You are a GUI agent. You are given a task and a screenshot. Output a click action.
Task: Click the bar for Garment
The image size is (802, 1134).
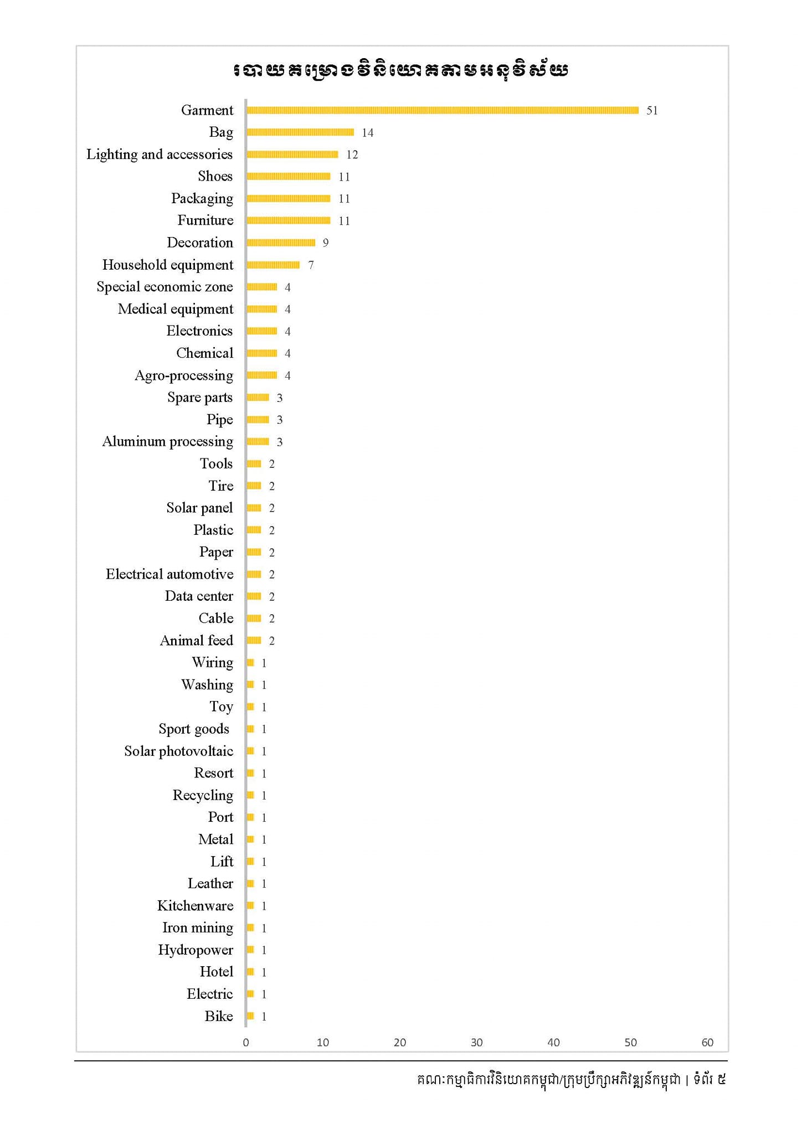442,110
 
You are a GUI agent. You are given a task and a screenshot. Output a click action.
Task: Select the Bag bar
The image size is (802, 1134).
300,132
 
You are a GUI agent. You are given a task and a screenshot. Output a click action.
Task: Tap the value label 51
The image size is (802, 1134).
652,111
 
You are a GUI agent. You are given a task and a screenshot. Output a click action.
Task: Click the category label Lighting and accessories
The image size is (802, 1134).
160,154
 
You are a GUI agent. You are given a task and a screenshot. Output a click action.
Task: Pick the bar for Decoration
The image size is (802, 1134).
281,243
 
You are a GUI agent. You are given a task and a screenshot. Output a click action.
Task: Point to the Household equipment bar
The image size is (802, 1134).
273,265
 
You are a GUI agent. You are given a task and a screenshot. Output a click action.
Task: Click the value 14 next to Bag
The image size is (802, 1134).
368,133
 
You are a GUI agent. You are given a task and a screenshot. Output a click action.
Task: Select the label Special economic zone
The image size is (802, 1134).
164,287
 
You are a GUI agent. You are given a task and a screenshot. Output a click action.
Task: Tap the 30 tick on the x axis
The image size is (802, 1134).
476,1043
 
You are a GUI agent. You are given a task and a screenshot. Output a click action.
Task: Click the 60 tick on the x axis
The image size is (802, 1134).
707,1043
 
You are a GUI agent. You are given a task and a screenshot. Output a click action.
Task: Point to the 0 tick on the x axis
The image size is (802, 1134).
246,1043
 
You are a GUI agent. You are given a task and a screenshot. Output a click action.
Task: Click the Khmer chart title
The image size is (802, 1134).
400,70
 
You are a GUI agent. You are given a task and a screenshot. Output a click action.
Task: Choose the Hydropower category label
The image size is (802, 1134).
196,950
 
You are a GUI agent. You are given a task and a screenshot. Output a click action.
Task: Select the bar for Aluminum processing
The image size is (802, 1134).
258,442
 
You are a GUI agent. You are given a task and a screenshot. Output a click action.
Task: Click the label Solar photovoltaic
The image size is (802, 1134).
178,751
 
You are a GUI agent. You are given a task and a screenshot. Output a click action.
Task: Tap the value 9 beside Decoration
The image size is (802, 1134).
326,243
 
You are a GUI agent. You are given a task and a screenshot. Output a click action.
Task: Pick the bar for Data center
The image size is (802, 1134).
254,596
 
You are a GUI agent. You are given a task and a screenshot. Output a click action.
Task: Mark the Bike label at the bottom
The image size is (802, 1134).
219,1017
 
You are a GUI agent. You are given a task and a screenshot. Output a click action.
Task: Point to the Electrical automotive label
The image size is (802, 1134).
169,574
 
